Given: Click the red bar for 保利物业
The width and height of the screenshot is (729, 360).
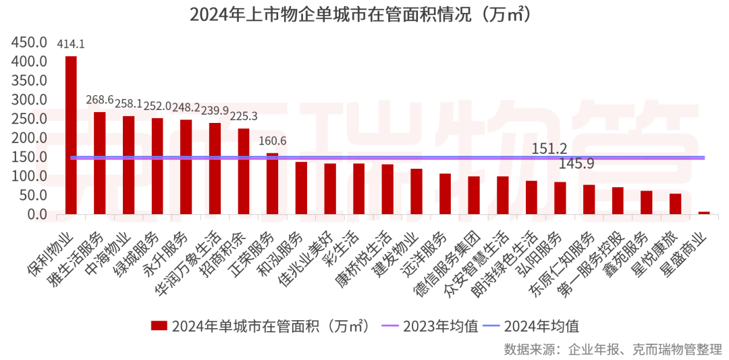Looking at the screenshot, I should (71, 135).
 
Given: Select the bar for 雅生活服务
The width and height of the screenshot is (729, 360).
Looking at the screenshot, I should (99, 163).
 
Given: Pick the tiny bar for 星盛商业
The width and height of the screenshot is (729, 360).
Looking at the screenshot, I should (704, 213).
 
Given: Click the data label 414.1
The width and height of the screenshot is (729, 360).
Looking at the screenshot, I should (71, 45).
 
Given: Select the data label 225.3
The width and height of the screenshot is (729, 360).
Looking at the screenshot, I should (244, 116).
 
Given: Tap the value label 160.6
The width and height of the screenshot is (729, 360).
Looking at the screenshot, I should (273, 140).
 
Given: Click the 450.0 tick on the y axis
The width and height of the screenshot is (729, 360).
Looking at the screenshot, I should (29, 43).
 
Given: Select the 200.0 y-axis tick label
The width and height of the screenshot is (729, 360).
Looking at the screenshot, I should (29, 138).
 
